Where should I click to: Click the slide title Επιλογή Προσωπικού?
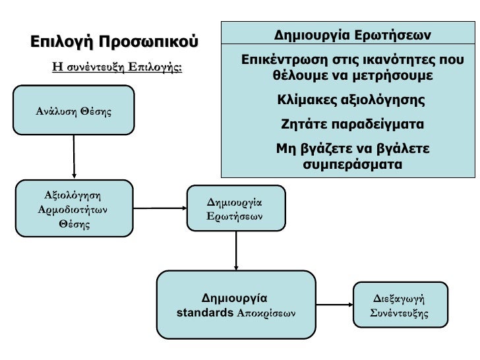(x=113, y=42)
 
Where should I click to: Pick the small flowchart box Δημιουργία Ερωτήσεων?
(x=235, y=208)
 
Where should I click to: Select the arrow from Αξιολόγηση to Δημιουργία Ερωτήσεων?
(x=161, y=209)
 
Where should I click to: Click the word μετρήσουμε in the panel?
(x=396, y=76)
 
